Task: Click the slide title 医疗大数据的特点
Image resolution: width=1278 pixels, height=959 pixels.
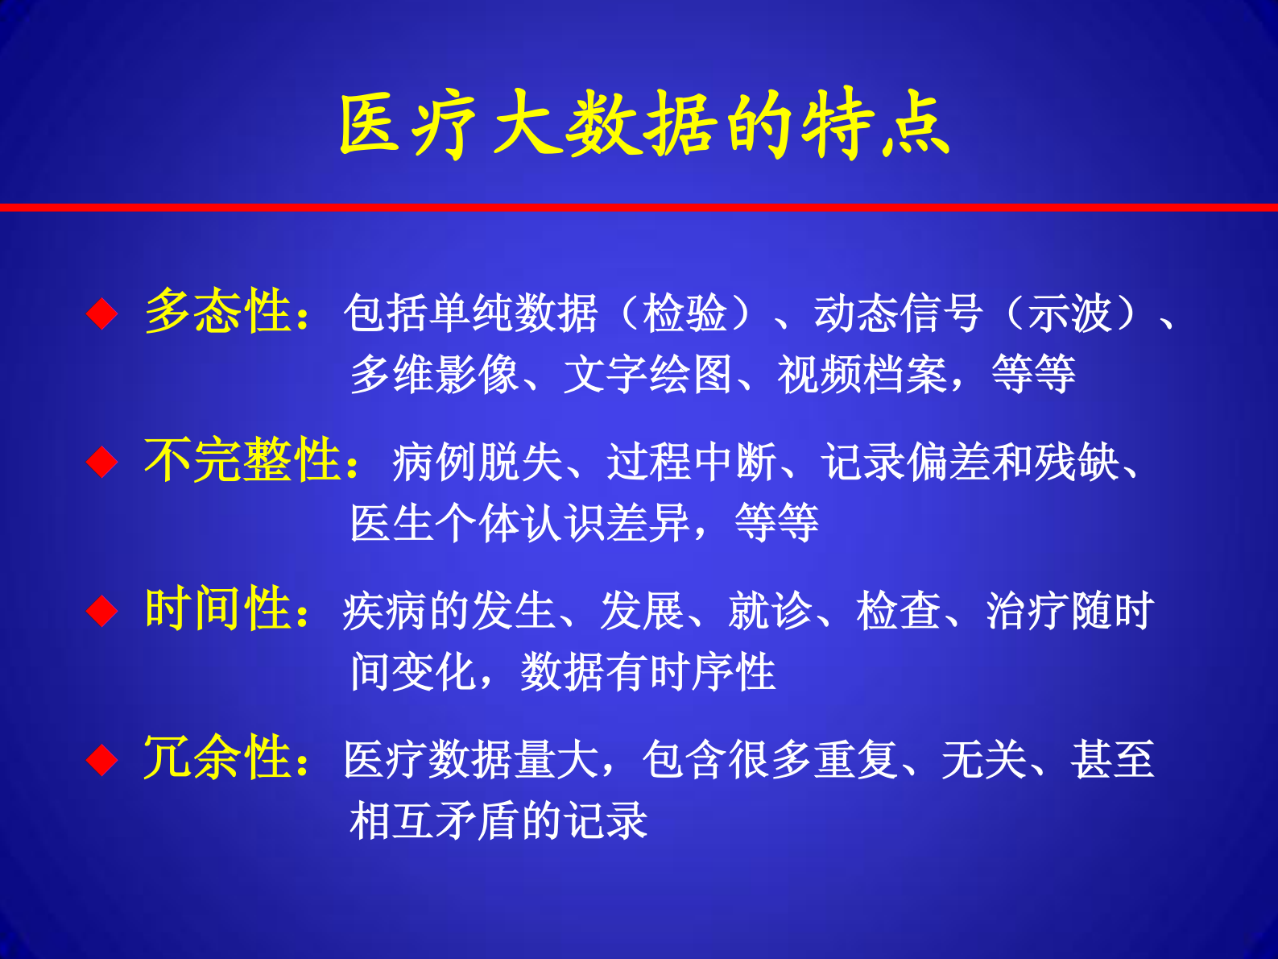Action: [x=644, y=125]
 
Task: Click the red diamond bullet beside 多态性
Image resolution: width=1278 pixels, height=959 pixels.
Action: [x=102, y=313]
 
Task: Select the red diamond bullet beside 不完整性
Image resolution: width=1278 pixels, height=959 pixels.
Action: [x=102, y=463]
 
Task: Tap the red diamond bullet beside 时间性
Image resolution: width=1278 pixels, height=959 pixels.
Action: [x=102, y=611]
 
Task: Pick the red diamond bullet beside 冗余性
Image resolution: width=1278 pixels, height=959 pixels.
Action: [x=102, y=759]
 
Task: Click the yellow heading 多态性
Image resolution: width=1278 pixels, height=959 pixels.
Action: [x=217, y=312]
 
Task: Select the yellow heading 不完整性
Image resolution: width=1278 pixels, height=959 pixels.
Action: [x=242, y=461]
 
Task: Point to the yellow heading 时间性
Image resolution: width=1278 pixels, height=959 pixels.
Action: [x=217, y=609]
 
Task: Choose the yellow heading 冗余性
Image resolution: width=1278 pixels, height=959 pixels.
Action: [x=217, y=758]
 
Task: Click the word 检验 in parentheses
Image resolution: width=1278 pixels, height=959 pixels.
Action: [x=684, y=313]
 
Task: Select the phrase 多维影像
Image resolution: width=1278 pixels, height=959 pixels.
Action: [x=434, y=375]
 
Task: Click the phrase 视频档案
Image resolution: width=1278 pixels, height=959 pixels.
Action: [x=862, y=375]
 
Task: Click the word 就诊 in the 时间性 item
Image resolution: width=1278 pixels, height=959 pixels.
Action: [x=770, y=611]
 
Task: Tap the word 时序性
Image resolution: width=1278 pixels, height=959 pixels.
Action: [x=712, y=672]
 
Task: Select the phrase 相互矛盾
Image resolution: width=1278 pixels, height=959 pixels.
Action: [x=434, y=821]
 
